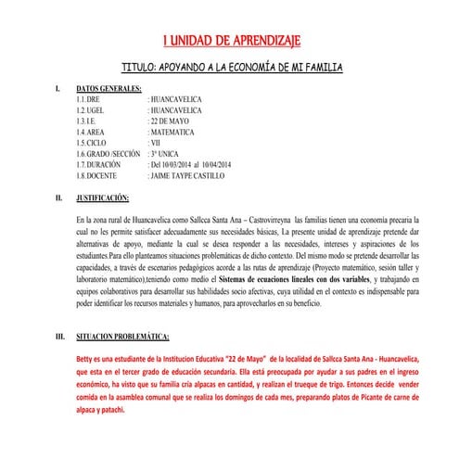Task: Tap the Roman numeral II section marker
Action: [59, 198]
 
